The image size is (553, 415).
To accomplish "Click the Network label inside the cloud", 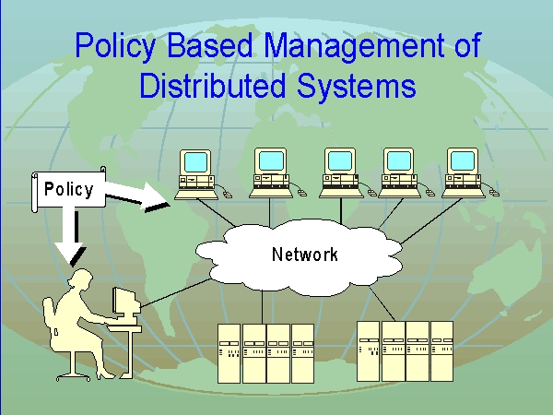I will coord(304,255).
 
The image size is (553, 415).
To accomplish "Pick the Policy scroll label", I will coord(68,190).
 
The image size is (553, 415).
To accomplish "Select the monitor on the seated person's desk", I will coord(124,302).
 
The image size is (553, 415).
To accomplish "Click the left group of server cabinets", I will coord(265,352).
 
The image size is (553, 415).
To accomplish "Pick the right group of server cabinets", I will coord(406,350).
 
